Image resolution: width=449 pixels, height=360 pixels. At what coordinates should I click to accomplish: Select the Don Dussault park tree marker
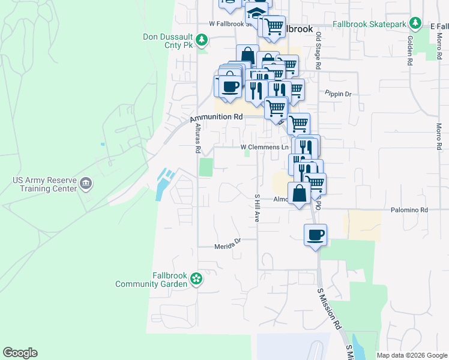tap(203, 40)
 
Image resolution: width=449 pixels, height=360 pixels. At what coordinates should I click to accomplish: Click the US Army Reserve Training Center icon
tap(86, 183)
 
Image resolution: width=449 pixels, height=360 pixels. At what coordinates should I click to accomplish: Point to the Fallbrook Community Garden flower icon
tap(196, 278)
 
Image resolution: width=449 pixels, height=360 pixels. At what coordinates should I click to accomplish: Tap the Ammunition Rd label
tap(216, 118)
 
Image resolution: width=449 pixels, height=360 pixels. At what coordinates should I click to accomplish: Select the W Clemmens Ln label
tap(265, 147)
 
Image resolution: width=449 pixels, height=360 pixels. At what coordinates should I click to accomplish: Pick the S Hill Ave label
tap(256, 208)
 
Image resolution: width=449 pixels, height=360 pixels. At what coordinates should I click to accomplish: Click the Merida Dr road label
tap(228, 245)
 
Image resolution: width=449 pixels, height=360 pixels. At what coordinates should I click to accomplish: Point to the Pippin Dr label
tap(338, 94)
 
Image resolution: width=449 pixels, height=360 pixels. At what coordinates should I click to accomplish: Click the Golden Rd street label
tap(410, 50)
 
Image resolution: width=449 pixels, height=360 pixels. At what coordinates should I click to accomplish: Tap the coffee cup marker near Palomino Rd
tap(315, 235)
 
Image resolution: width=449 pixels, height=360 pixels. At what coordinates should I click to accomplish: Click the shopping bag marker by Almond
tap(299, 194)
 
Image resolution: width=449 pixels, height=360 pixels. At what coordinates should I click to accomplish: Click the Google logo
tap(20, 353)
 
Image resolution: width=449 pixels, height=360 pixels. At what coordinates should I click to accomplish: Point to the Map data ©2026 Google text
tap(412, 355)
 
